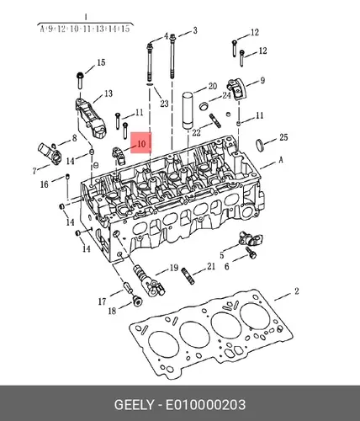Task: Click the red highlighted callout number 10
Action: click(x=141, y=144)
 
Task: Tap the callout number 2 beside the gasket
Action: click(x=297, y=291)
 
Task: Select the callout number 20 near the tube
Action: click(x=213, y=86)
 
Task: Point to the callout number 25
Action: click(x=283, y=137)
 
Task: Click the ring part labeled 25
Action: click(x=259, y=145)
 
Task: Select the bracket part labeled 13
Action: click(x=90, y=117)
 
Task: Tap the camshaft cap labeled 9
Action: click(x=236, y=90)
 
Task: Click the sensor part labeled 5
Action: click(x=250, y=238)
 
